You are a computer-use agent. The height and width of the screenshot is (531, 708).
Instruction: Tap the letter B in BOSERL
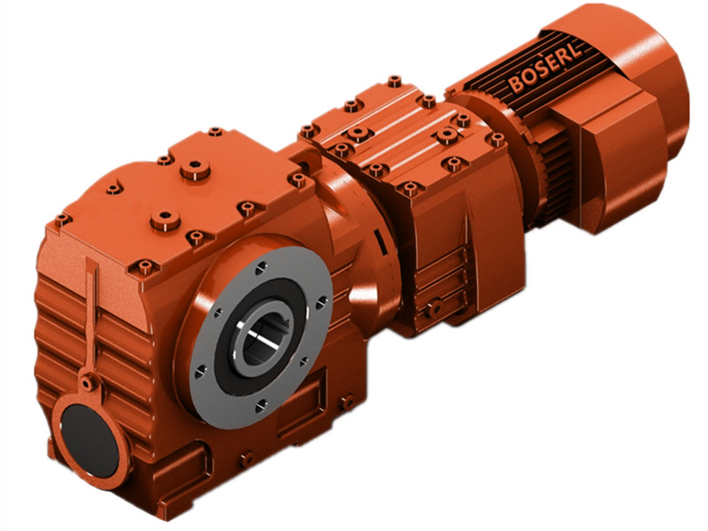pyautogui.click(x=516, y=85)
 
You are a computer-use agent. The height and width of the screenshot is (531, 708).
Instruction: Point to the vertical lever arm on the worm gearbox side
pyautogui.click(x=90, y=310)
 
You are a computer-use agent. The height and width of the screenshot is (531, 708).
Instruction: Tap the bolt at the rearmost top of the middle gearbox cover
pyautogui.click(x=395, y=81)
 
